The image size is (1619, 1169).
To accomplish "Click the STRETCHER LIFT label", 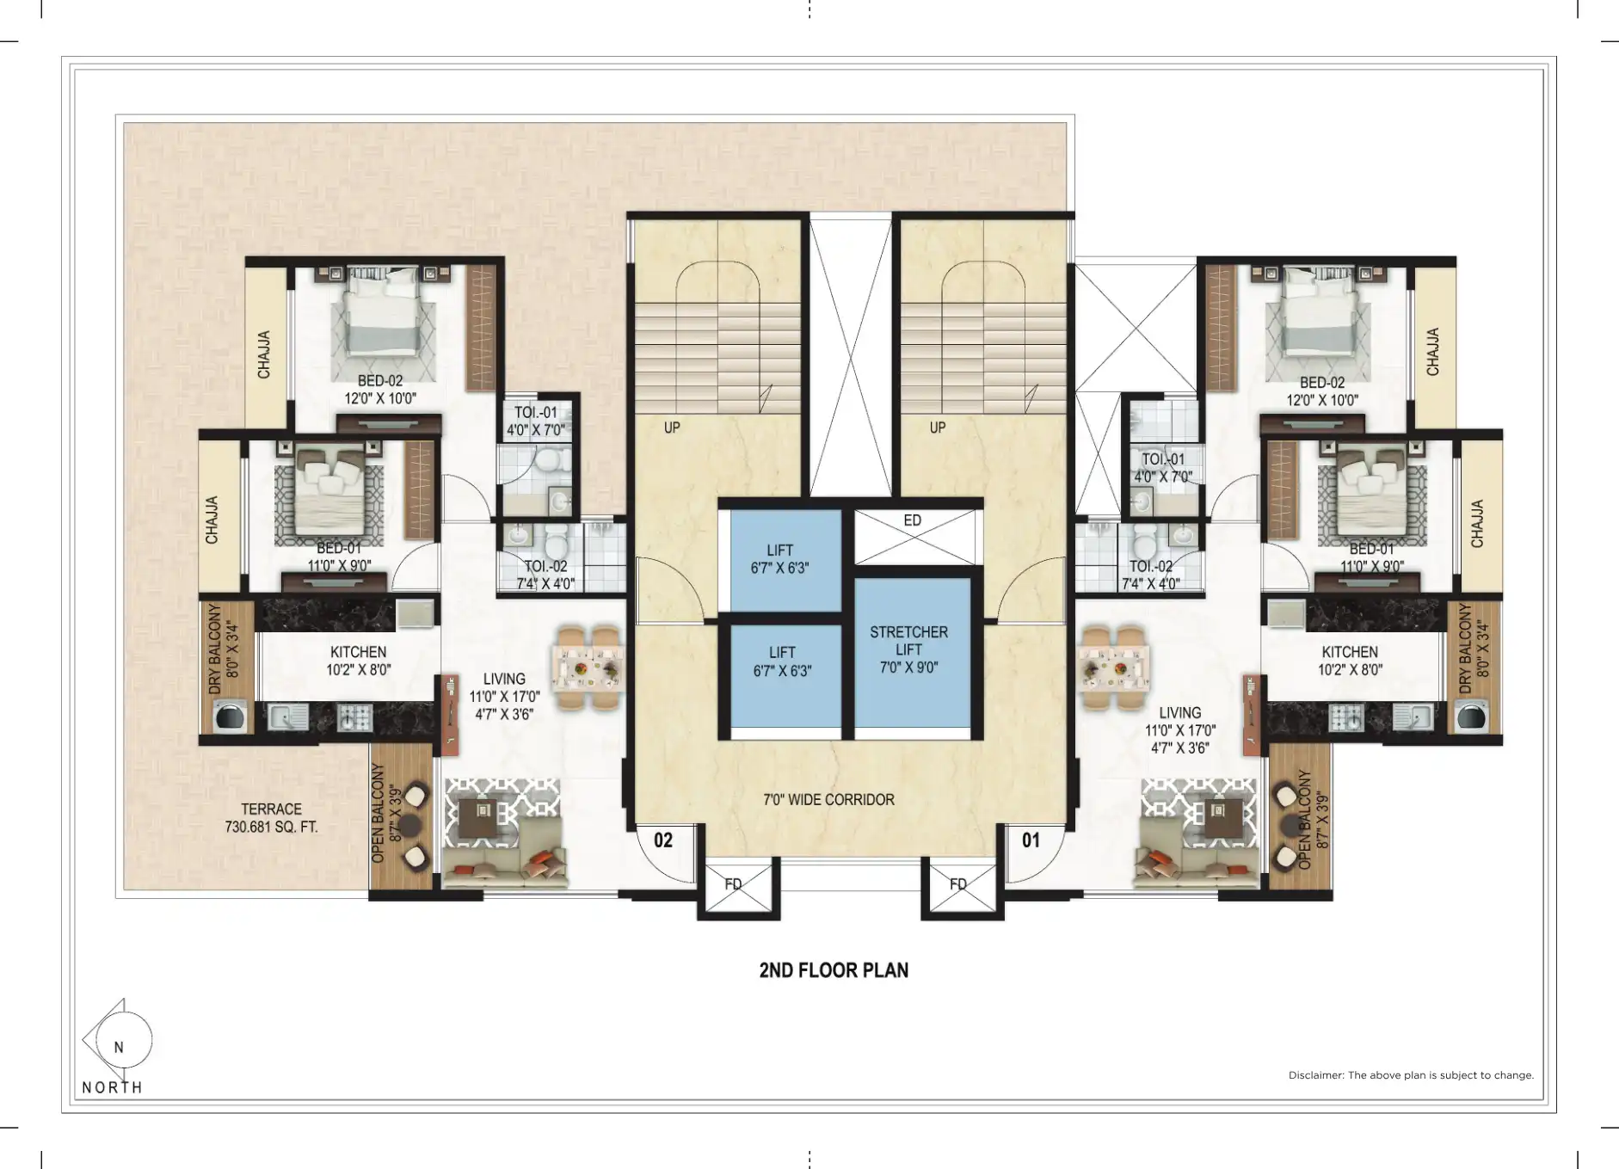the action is [x=908, y=641].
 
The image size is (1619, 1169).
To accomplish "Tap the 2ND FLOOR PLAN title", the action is [x=834, y=970].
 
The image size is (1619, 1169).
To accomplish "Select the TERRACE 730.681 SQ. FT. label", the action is [x=271, y=818].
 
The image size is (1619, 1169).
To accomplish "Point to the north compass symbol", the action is [x=118, y=1041].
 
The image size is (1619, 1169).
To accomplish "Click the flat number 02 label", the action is [x=662, y=840].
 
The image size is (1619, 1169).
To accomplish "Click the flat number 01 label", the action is [x=1031, y=840].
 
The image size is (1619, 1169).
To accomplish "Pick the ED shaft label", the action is [x=913, y=520].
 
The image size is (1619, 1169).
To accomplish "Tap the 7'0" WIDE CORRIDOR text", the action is [x=828, y=799].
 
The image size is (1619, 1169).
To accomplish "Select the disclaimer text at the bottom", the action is [x=1411, y=1075].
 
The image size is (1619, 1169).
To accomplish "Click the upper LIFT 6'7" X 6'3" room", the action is [x=785, y=560].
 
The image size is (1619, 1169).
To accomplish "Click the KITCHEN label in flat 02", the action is [x=359, y=652].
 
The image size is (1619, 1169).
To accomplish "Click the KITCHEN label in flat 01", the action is [x=1350, y=652].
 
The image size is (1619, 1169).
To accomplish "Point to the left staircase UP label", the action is [x=672, y=428].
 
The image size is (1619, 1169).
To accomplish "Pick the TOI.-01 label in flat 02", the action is [x=536, y=412].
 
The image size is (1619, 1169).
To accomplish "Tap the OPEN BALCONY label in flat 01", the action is [x=1304, y=820].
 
